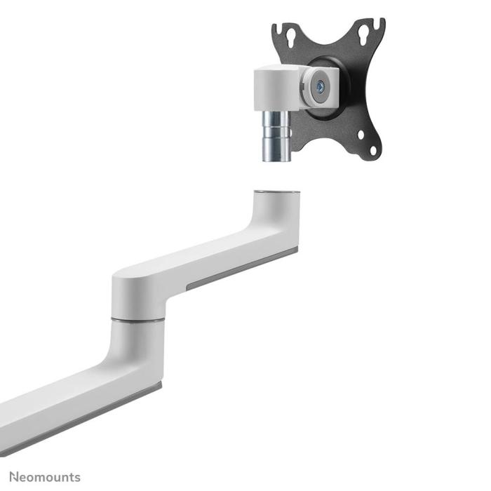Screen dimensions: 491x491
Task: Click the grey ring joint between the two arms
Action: (137, 320)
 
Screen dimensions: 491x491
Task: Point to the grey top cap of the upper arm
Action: (275, 191)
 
